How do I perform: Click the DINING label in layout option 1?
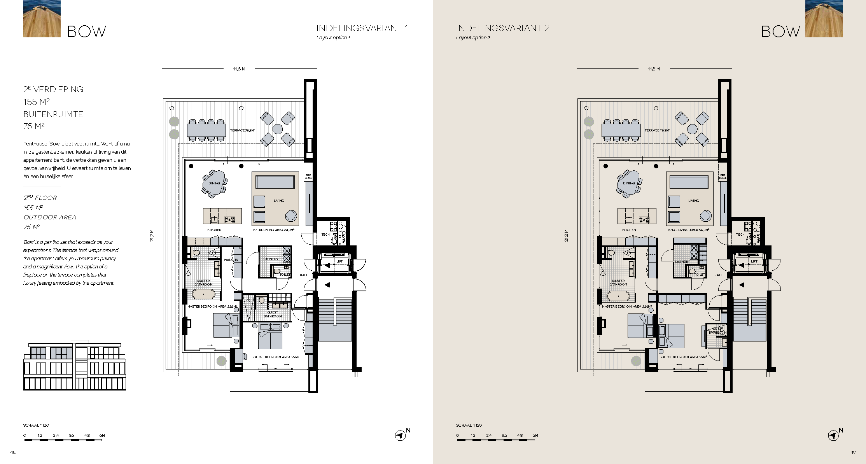(214, 183)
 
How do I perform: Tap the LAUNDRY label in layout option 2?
(682, 262)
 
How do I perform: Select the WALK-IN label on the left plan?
(231, 260)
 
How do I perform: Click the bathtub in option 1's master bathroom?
(203, 294)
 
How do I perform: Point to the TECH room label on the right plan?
(740, 235)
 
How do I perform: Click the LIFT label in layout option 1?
(339, 261)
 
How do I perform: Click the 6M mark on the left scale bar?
(102, 436)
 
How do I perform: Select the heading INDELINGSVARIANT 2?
(502, 28)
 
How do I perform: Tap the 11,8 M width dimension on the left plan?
(239, 69)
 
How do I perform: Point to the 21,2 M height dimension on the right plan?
(566, 235)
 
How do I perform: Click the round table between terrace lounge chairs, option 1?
(277, 129)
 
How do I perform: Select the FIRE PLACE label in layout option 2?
(723, 177)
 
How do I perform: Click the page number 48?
(13, 452)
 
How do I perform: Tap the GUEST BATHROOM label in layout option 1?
(273, 314)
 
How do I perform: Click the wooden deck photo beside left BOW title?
(42, 19)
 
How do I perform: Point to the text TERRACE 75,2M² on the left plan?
(242, 130)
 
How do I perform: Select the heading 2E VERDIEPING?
(53, 89)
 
